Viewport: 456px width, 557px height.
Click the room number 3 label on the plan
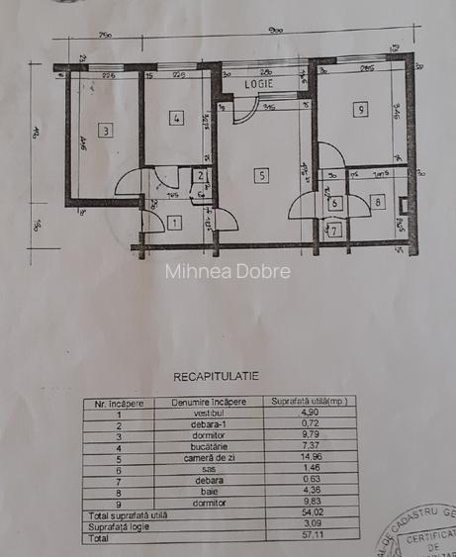click(104, 130)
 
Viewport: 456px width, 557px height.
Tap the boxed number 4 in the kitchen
click(176, 119)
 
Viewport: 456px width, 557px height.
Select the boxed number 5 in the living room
click(261, 175)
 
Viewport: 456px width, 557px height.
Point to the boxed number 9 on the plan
click(361, 110)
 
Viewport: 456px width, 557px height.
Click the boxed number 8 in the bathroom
click(377, 202)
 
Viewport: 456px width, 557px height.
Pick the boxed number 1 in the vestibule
click(174, 223)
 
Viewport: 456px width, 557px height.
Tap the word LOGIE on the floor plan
click(259, 84)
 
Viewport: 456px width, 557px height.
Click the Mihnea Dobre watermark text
click(228, 270)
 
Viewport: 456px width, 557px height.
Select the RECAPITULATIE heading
click(216, 377)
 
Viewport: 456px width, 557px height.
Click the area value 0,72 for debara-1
click(313, 422)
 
